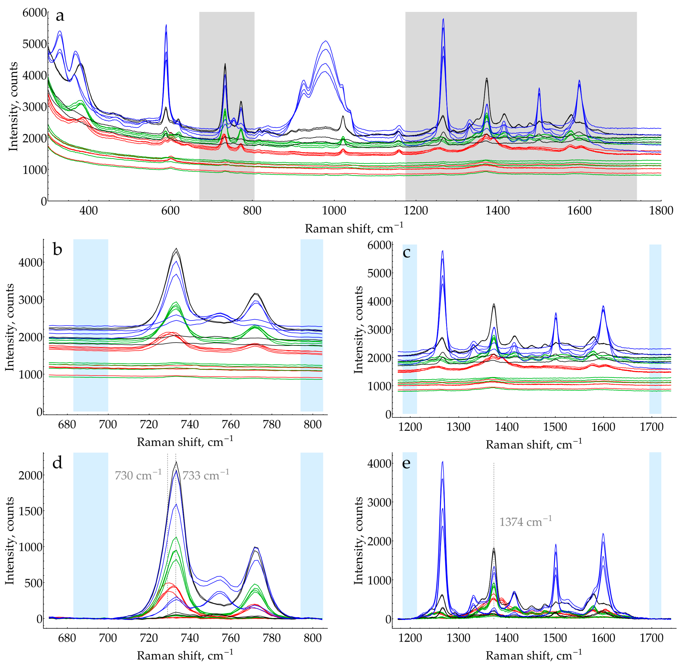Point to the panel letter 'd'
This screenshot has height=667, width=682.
(x=57, y=463)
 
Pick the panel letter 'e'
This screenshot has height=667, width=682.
(x=407, y=463)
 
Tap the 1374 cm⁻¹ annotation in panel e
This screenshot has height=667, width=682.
(x=525, y=522)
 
